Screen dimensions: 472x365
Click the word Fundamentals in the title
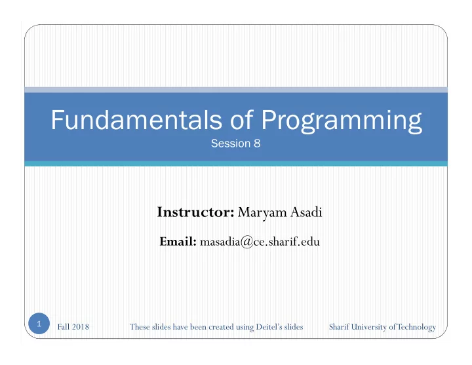tap(136, 119)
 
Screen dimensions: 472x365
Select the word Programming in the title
tap(342, 121)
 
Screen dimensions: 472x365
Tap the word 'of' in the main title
tap(242, 119)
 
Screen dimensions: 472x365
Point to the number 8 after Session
tap(257, 144)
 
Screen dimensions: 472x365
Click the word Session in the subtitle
tap(231, 144)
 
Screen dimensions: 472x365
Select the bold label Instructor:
tap(195, 212)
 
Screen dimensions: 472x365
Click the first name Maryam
tap(262, 213)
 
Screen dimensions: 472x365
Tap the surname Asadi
tap(306, 212)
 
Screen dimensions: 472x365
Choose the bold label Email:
tap(178, 241)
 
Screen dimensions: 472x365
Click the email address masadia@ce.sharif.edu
tap(260, 242)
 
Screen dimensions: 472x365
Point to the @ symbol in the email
tap(247, 242)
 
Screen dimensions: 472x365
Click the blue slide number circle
tap(39, 324)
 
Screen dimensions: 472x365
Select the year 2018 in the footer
tap(81, 327)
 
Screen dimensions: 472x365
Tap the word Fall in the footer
tap(64, 327)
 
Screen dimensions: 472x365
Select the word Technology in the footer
tap(417, 327)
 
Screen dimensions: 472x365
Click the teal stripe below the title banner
tap(236, 163)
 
